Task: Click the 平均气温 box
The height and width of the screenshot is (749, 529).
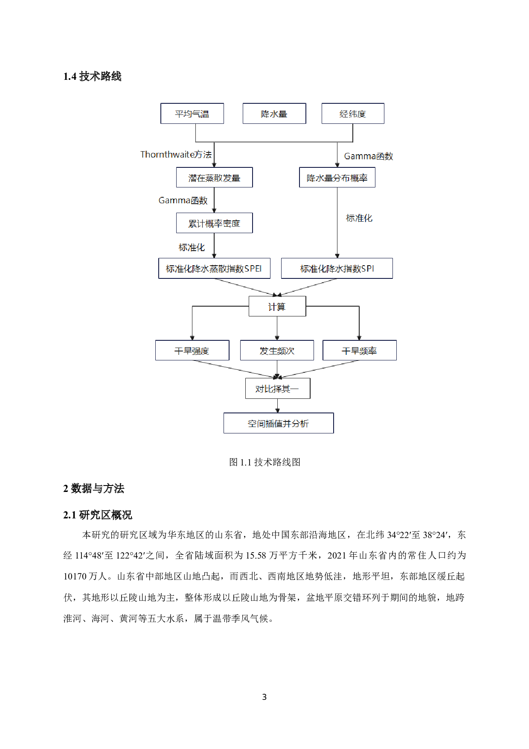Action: tap(192, 114)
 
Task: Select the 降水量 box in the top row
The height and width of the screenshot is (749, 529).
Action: tap(274, 114)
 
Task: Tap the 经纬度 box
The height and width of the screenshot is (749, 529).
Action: tap(353, 114)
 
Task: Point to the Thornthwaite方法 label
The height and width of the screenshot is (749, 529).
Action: tap(176, 155)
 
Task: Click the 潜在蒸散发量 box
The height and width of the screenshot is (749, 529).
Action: tap(214, 178)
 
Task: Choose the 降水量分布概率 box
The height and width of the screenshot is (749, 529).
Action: tap(337, 178)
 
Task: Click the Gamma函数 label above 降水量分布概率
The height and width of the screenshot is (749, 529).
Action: tap(369, 156)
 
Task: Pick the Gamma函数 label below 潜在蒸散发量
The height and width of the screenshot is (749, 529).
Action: tap(183, 200)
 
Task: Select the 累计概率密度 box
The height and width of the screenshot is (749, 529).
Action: tap(214, 223)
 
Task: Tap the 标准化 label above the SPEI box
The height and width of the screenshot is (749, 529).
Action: tap(192, 247)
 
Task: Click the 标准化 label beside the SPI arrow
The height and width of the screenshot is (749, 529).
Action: tap(359, 218)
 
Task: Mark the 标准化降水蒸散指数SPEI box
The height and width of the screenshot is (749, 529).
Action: tap(214, 269)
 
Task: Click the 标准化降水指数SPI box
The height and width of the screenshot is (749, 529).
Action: tap(337, 269)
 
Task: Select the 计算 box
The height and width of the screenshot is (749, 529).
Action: tap(277, 307)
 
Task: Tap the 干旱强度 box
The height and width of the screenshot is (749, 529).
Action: tap(192, 351)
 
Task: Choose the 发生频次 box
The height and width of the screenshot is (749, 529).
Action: tap(277, 351)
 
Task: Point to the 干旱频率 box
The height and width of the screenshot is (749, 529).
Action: tap(359, 351)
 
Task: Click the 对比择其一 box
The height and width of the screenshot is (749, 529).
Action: tap(278, 389)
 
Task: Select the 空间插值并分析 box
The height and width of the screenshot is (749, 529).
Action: tap(279, 423)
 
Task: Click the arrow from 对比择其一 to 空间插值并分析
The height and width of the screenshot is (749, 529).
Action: tap(278, 406)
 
